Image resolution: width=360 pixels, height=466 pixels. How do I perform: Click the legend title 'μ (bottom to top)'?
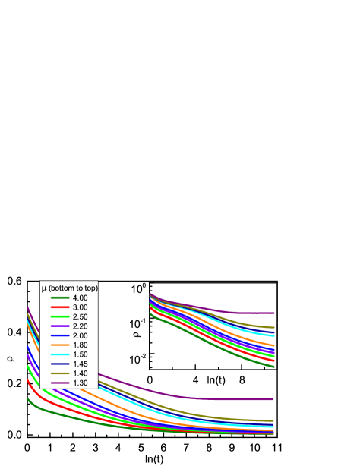click(69, 288)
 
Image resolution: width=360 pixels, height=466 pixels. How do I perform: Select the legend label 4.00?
click(81, 298)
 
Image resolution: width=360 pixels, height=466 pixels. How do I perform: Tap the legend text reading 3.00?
click(81, 307)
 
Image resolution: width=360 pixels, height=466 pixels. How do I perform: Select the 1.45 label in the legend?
click(81, 364)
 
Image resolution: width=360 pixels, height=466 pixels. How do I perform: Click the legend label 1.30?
click(81, 383)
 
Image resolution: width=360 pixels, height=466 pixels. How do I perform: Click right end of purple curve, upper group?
click(273, 313)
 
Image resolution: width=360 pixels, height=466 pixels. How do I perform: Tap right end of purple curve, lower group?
click(273, 398)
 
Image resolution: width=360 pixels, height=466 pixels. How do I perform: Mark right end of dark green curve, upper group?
click(273, 367)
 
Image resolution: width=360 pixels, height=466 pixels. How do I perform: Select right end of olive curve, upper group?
click(273, 327)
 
